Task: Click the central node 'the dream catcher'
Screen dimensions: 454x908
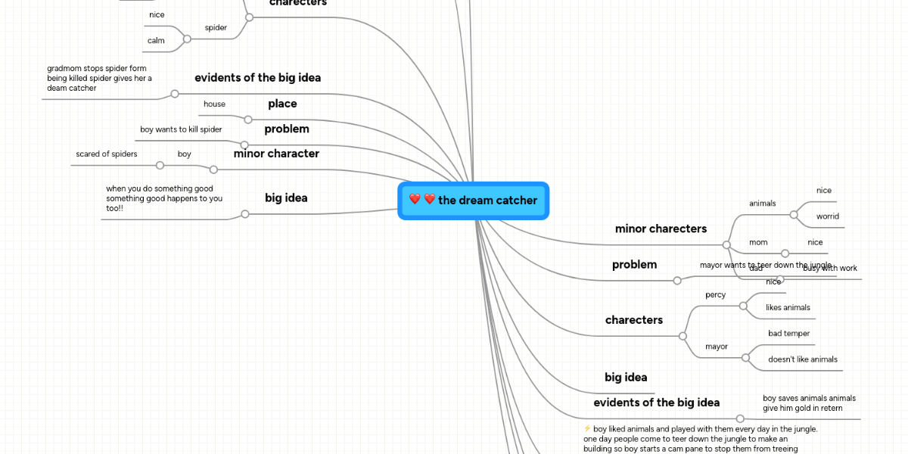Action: (x=474, y=201)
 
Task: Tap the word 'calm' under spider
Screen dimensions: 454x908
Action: (x=156, y=40)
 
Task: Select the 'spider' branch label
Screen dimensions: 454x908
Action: (x=216, y=28)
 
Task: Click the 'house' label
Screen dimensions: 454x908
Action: (x=214, y=104)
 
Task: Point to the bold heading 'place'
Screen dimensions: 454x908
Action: (x=282, y=104)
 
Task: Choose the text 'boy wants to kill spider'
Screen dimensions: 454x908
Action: (x=181, y=129)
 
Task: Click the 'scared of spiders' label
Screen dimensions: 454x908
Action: (x=107, y=154)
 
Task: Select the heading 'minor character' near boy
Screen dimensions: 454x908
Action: (x=276, y=154)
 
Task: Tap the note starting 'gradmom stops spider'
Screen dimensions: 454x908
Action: (x=99, y=78)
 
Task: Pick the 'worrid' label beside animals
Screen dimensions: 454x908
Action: (x=827, y=216)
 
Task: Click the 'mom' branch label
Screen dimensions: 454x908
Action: (x=758, y=242)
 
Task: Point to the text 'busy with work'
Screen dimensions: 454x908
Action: (x=830, y=269)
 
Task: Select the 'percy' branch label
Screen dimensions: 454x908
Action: (x=715, y=294)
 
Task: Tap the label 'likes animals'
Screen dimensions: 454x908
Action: (x=788, y=307)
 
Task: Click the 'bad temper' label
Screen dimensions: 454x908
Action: (x=789, y=333)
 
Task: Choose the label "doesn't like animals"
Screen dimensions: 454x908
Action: (x=803, y=359)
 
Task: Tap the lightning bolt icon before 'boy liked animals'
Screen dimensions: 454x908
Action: (x=588, y=429)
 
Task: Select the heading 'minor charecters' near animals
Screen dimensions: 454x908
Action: (x=661, y=229)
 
